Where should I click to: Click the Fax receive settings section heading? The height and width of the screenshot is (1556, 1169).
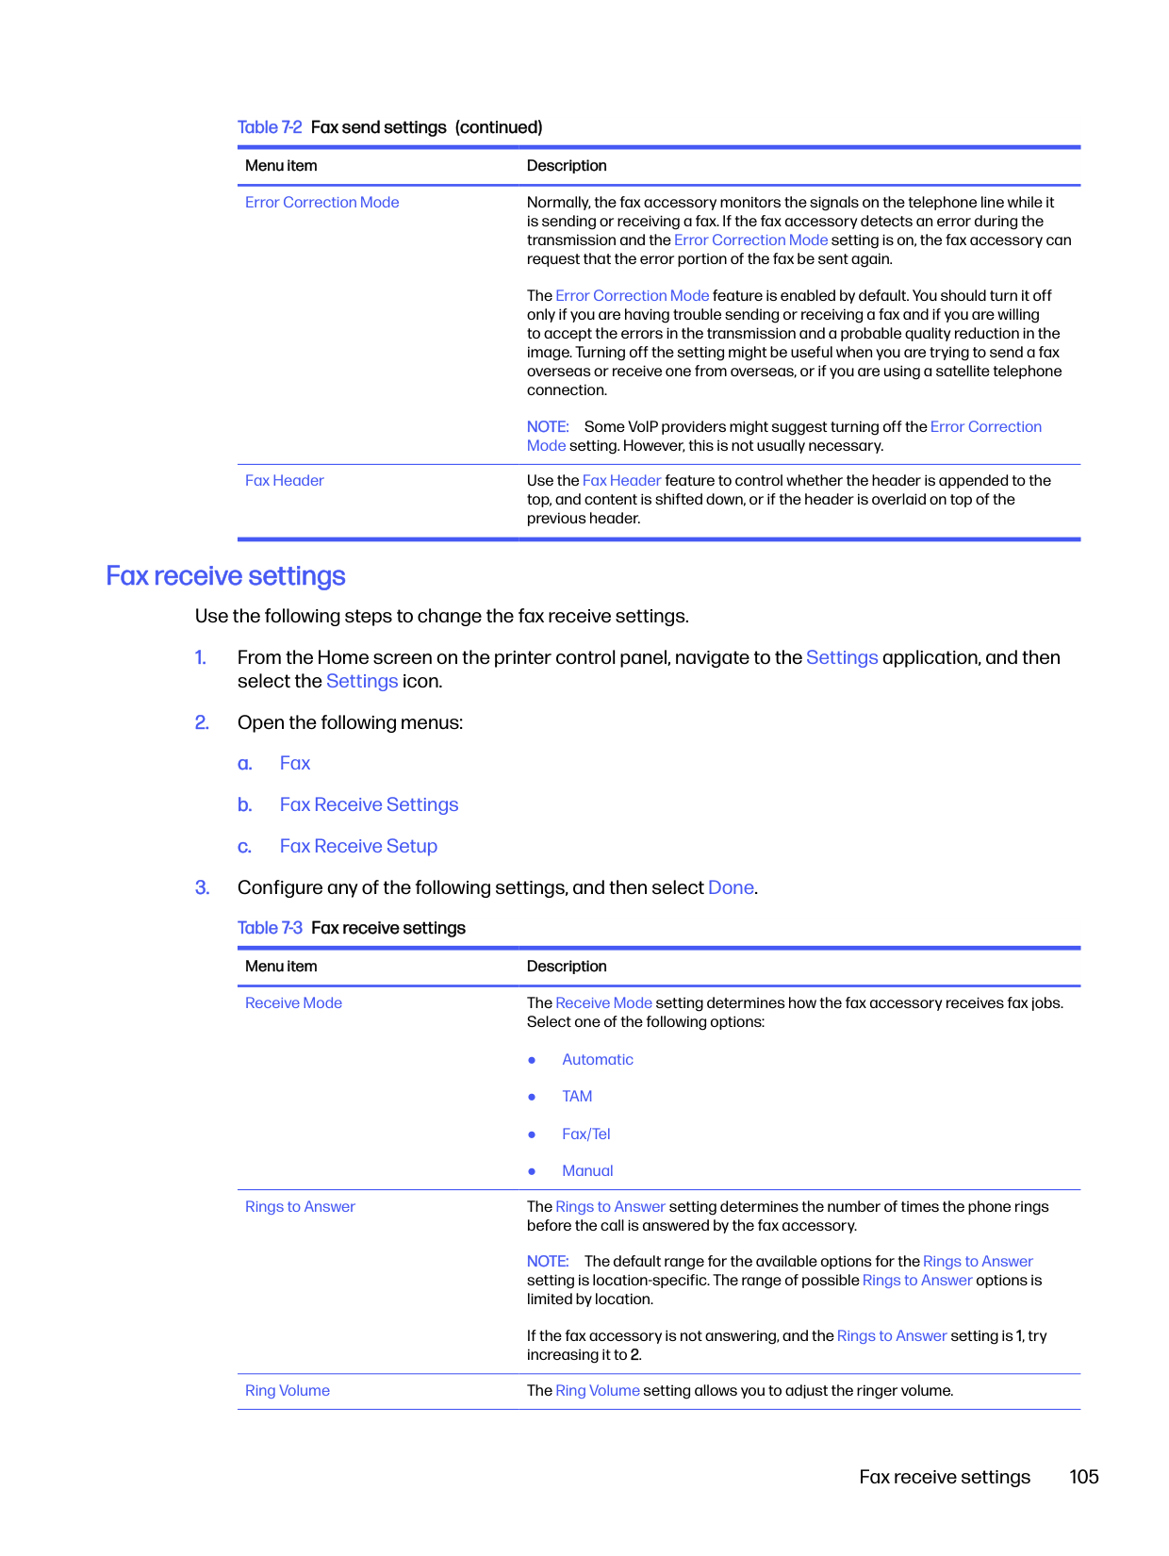click(225, 576)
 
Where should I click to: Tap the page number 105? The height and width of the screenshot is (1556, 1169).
click(1083, 1477)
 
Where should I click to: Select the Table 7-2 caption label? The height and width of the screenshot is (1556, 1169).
click(270, 127)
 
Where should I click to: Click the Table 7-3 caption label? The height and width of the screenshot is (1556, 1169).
click(270, 928)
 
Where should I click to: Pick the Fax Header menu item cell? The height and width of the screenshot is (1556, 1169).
click(285, 481)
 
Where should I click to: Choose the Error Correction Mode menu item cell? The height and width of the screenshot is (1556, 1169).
click(322, 203)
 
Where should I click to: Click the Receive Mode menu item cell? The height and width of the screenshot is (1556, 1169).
click(293, 1003)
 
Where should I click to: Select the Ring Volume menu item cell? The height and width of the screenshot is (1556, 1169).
click(288, 1391)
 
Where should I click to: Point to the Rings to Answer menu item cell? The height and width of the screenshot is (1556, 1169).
click(300, 1207)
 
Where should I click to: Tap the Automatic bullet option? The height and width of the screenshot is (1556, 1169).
click(598, 1060)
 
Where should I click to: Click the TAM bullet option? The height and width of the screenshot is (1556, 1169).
click(577, 1097)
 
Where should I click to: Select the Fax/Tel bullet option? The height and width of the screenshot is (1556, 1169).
click(586, 1134)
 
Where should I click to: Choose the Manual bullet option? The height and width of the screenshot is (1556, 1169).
click(587, 1171)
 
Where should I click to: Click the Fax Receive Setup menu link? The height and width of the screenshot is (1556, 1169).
click(358, 847)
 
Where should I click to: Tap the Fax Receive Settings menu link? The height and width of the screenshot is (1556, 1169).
click(369, 805)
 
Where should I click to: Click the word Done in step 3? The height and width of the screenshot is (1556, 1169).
click(731, 888)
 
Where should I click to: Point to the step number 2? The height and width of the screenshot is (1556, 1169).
click(202, 723)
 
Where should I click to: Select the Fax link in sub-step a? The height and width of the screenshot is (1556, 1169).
click(295, 764)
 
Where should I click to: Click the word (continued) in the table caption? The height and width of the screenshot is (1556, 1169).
click(499, 127)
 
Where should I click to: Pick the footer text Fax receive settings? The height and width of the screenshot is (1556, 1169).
click(945, 1477)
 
